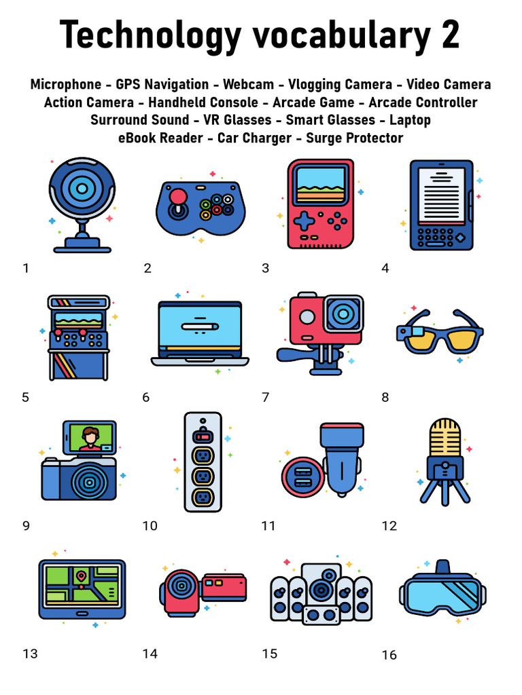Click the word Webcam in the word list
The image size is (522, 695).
[x=249, y=85]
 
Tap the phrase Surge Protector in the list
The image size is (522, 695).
[x=355, y=138]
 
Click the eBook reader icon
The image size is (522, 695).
[x=440, y=205]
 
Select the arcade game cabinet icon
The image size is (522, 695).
[x=79, y=337]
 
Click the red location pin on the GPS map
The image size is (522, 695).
[x=82, y=576]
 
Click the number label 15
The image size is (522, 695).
[x=269, y=654]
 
